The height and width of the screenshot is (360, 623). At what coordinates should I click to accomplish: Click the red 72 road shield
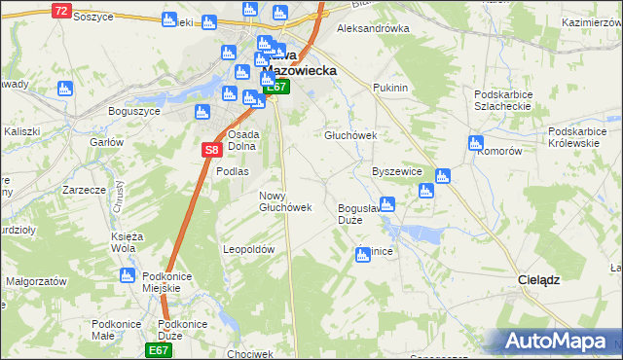[61, 11]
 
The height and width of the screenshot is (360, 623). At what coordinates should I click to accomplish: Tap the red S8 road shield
[212, 150]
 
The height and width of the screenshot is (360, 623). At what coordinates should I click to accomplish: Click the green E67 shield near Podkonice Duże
[159, 349]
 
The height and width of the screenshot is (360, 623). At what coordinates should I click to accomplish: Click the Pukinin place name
[389, 88]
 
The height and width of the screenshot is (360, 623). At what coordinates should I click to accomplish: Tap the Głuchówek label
[349, 136]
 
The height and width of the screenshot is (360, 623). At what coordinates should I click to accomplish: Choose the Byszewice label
[396, 170]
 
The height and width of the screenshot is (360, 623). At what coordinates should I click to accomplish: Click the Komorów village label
[501, 152]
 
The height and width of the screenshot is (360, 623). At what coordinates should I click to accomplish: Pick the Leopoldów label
[250, 249]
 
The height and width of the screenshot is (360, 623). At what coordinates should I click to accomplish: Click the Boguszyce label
[133, 111]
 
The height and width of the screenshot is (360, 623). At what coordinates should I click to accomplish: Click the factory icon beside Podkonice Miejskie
[127, 276]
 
